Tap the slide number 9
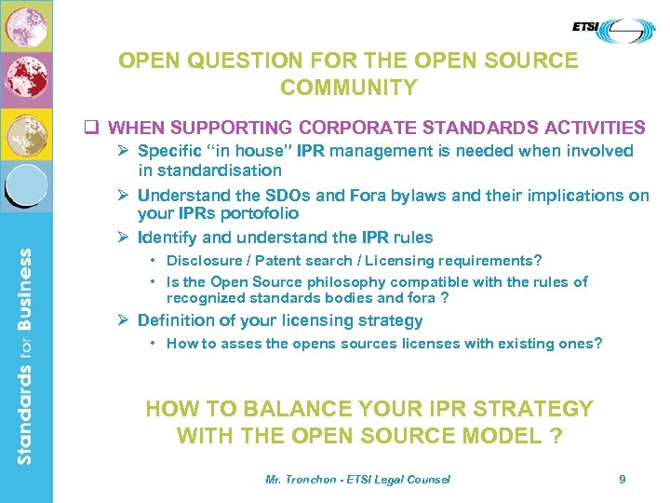coord(623,479)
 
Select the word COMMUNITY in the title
coord(348,88)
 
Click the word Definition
coord(177,320)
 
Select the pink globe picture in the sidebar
coord(26,27)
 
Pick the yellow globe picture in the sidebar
coord(26,136)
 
